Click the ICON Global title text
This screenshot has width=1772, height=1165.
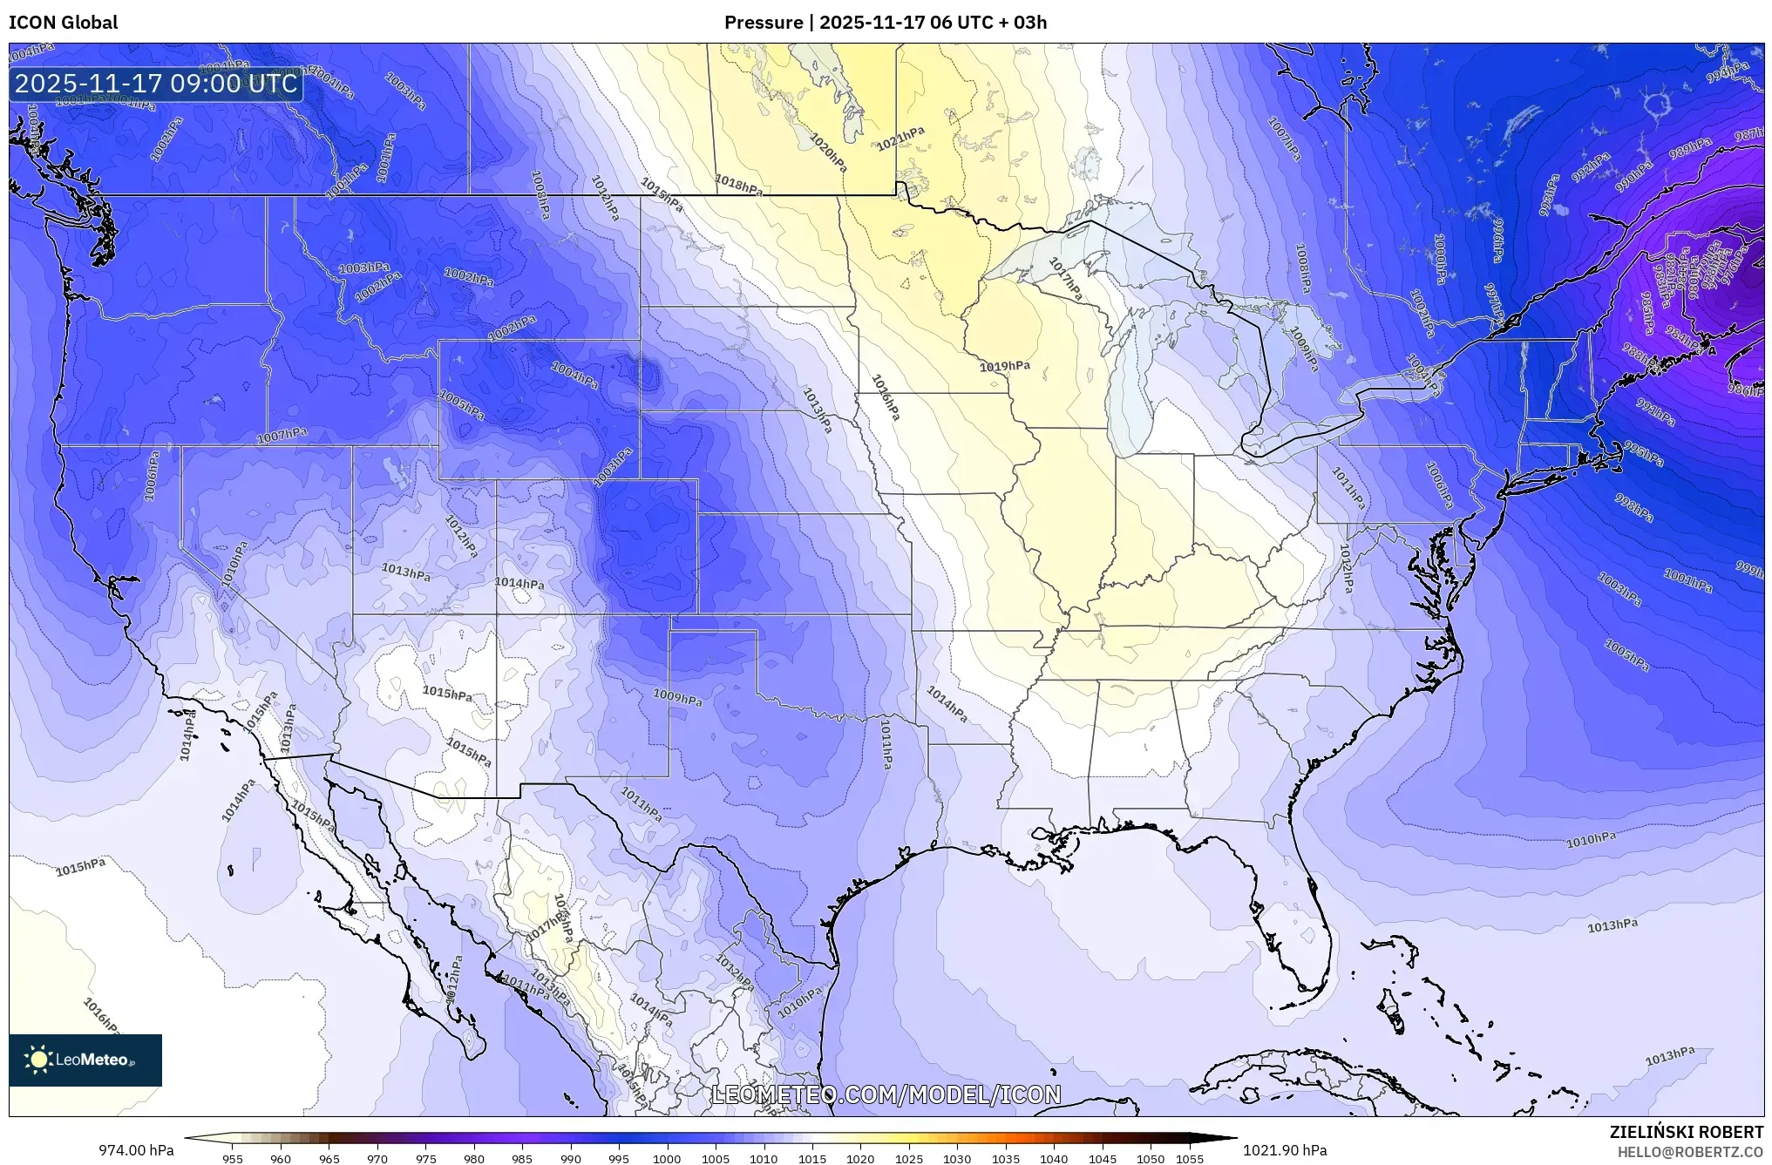point(64,23)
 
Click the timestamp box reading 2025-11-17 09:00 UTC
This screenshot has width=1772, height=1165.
point(156,84)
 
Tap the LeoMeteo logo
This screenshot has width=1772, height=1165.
point(85,1060)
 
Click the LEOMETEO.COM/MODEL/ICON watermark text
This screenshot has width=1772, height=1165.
point(886,1094)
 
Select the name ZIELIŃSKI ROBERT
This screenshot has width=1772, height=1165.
point(1686,1132)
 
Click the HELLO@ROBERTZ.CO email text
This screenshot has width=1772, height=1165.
point(1690,1152)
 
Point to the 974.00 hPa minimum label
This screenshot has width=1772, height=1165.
point(136,1150)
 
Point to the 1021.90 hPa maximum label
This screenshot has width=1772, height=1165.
point(1285,1150)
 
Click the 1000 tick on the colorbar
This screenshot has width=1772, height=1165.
point(667,1159)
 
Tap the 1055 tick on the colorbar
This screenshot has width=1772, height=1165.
point(1190,1159)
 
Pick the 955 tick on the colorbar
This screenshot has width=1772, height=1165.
point(232,1159)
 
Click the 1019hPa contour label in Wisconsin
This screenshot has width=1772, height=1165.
point(1004,367)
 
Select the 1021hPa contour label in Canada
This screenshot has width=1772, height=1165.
point(900,139)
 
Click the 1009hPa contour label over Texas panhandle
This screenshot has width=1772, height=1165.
point(677,698)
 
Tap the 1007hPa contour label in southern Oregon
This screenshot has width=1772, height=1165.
point(282,436)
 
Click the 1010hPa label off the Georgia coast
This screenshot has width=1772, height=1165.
point(1591,840)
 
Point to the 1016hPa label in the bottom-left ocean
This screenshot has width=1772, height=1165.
point(101,1016)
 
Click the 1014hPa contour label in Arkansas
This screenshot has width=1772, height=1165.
point(947,704)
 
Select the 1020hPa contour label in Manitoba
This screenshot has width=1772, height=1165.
point(827,152)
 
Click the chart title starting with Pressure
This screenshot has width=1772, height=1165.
point(886,23)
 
